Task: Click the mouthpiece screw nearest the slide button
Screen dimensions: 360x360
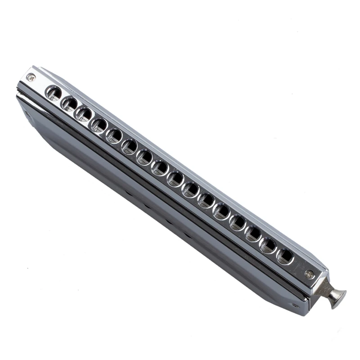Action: point(309,274)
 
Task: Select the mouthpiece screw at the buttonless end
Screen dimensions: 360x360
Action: point(31,77)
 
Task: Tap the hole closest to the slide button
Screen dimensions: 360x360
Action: point(285,256)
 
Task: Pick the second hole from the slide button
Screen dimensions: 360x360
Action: point(269,245)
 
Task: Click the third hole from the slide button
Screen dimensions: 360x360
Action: point(253,234)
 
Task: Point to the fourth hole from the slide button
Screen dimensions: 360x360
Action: point(238,222)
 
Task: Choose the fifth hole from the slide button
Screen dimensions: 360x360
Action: point(221,211)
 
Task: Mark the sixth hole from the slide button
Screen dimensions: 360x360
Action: point(207,200)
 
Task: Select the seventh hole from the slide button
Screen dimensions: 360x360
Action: point(191,189)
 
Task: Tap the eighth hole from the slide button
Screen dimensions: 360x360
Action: point(175,179)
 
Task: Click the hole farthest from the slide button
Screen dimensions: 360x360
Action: point(54,94)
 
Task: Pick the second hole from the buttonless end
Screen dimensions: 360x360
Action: point(69,104)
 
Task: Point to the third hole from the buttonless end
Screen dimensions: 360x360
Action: point(84,114)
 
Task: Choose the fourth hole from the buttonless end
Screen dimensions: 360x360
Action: point(99,125)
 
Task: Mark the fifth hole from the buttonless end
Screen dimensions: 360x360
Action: point(114,135)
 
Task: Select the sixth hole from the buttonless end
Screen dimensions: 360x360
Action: point(130,146)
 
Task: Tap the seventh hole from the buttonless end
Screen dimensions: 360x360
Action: point(145,157)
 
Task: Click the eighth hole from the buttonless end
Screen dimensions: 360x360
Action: point(160,168)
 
